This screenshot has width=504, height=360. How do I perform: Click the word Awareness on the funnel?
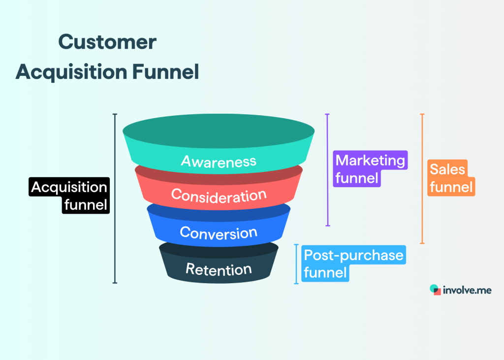219,161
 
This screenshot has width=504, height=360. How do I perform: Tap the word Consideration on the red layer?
219,196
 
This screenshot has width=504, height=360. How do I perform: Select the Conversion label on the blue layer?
219,232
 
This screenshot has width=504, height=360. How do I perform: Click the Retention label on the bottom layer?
219,269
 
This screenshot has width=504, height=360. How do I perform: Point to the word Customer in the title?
107,43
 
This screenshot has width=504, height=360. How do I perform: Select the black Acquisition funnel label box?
69,196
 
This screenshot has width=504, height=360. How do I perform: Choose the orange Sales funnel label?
451,178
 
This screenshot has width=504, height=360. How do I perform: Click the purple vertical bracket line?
327,170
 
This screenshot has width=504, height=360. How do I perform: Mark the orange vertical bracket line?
422,178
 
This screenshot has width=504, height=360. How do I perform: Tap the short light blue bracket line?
296,263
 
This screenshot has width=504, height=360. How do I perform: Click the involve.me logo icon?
435,290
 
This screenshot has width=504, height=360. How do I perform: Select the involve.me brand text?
467,290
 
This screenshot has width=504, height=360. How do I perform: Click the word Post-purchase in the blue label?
353,256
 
